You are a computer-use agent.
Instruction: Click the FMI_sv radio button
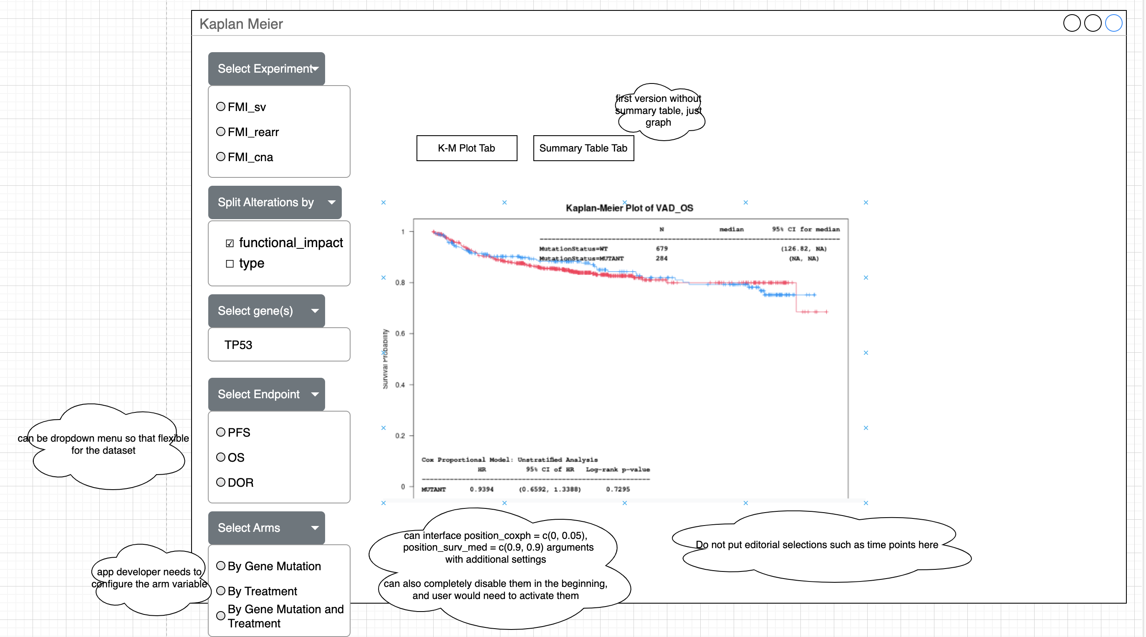(x=221, y=106)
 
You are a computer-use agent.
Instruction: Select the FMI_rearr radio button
(x=221, y=131)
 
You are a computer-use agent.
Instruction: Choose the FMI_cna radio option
(x=221, y=157)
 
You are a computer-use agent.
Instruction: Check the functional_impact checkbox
(x=230, y=243)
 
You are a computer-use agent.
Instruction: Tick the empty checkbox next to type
(x=230, y=264)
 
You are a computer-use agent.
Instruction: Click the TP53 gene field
(x=279, y=345)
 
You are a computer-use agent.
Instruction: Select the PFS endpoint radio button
(x=221, y=432)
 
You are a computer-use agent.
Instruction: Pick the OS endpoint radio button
(x=221, y=457)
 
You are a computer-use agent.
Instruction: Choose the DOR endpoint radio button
(x=221, y=482)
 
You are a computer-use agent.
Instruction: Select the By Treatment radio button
(x=221, y=591)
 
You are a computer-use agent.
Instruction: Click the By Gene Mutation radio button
(x=221, y=566)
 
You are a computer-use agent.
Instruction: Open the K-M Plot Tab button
(x=467, y=148)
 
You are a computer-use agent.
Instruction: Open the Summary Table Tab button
(x=583, y=148)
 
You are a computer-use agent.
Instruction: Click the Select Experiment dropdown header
(x=266, y=68)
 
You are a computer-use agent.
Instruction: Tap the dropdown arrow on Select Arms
(x=315, y=528)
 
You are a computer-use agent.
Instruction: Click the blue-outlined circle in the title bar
(x=1113, y=23)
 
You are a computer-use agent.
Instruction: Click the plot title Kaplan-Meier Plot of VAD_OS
(x=629, y=208)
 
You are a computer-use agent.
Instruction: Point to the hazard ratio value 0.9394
(x=481, y=489)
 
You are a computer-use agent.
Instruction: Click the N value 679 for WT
(x=661, y=249)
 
